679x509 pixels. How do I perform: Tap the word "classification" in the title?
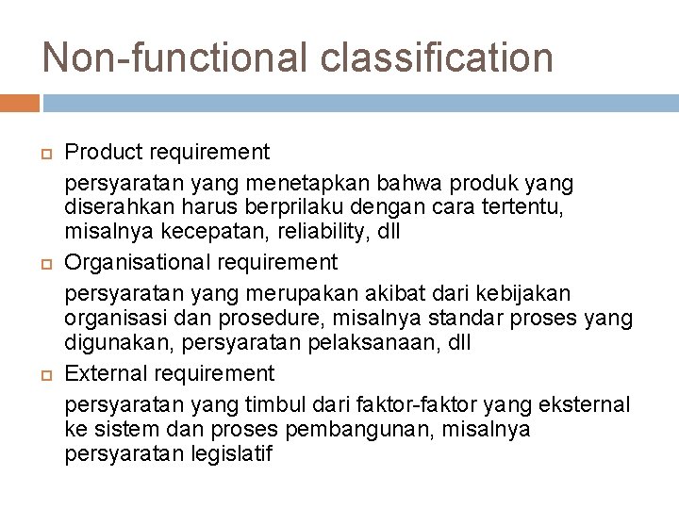click(437, 57)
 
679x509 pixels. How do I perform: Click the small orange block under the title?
click(20, 102)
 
